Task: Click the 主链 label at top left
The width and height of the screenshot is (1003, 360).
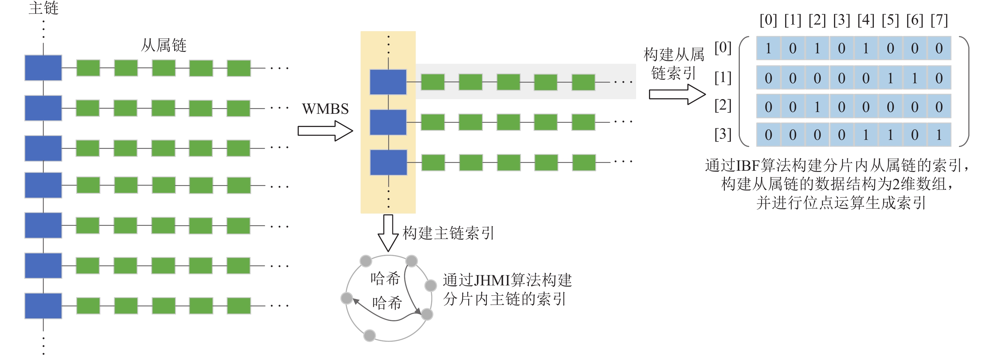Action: (x=43, y=8)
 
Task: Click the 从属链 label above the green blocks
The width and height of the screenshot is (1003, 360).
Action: (x=164, y=46)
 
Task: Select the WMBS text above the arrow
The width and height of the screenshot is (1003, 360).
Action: (x=325, y=109)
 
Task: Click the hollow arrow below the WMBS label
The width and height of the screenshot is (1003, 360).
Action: (x=325, y=131)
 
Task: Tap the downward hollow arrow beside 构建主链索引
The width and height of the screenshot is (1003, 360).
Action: (x=388, y=233)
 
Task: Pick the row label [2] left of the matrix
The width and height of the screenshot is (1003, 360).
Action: (x=723, y=105)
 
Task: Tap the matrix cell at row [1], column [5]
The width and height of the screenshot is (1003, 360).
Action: (x=890, y=78)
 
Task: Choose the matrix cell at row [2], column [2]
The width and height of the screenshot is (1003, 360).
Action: (x=817, y=107)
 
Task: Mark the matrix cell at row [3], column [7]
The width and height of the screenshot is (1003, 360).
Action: (x=939, y=135)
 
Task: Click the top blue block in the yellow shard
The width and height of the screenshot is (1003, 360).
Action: (x=388, y=82)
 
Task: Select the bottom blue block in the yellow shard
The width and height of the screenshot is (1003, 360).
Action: (x=388, y=162)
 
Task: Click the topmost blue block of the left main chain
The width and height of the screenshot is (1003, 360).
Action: (x=43, y=68)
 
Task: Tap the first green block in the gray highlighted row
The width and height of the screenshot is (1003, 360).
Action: (x=433, y=82)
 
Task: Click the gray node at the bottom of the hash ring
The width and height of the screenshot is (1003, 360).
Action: (x=370, y=335)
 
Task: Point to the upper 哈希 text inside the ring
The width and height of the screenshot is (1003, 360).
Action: (x=385, y=279)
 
